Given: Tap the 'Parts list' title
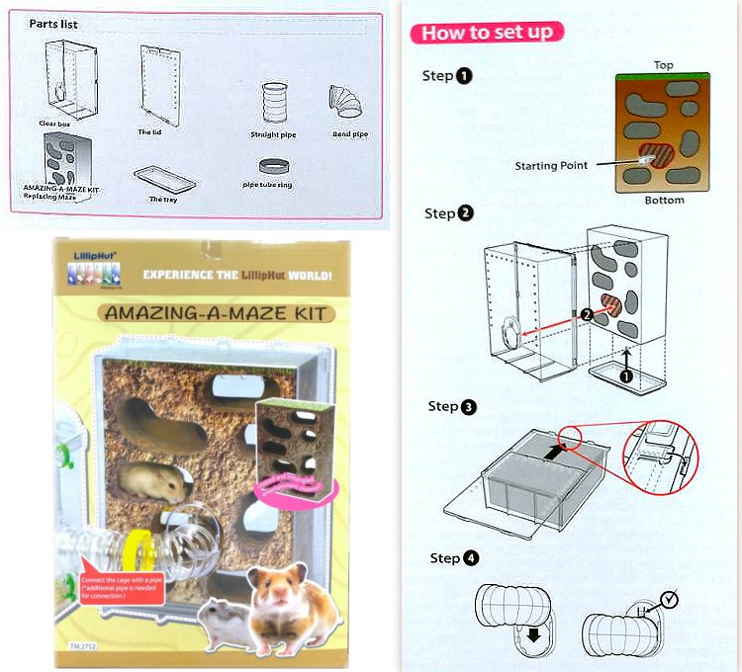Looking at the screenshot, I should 53,24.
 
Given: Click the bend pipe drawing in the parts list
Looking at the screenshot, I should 347,102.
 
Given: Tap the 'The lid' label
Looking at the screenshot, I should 149,131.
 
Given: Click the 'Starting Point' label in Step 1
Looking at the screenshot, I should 550,165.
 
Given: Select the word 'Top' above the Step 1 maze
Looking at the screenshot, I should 663,65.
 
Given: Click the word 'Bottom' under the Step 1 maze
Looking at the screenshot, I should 662,200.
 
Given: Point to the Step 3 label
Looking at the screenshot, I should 453,406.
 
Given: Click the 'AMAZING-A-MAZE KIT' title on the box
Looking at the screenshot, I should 215,313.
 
